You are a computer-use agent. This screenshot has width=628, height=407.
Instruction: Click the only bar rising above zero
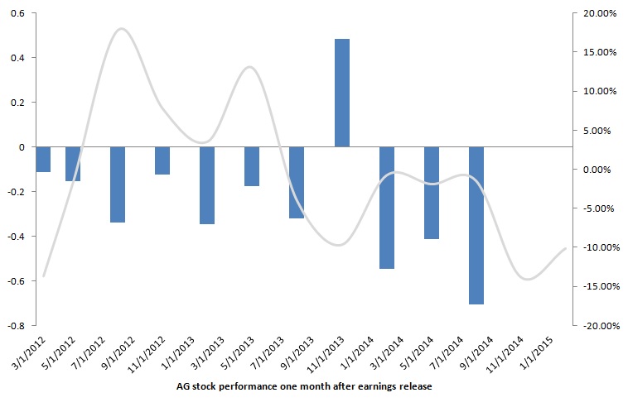click(x=341, y=93)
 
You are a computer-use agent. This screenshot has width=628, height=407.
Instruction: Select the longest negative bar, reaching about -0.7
click(x=476, y=225)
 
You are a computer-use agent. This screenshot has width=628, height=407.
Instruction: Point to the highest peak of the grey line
click(x=122, y=29)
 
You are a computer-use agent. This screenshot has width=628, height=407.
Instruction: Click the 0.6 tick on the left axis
click(x=16, y=13)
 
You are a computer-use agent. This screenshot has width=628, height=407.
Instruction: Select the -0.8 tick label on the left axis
click(x=14, y=325)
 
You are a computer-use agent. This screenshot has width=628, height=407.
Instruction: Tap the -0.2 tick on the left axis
click(x=14, y=191)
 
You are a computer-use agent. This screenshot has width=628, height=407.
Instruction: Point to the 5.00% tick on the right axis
click(x=597, y=130)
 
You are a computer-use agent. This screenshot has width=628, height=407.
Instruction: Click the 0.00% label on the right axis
click(x=597, y=170)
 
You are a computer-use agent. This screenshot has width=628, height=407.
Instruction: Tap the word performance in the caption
click(x=247, y=386)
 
